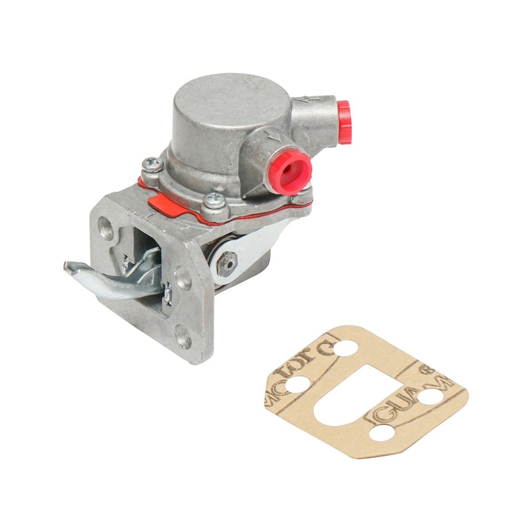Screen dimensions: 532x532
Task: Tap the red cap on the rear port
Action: [x=344, y=122]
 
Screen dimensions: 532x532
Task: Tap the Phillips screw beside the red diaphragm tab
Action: [x=211, y=200]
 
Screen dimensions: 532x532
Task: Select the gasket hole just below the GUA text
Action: [x=380, y=432]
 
